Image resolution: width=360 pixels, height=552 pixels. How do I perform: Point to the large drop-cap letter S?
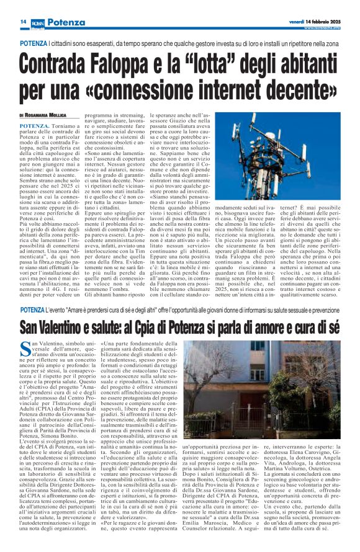click(25, 349)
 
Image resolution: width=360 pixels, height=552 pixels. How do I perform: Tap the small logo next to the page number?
click(37, 22)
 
